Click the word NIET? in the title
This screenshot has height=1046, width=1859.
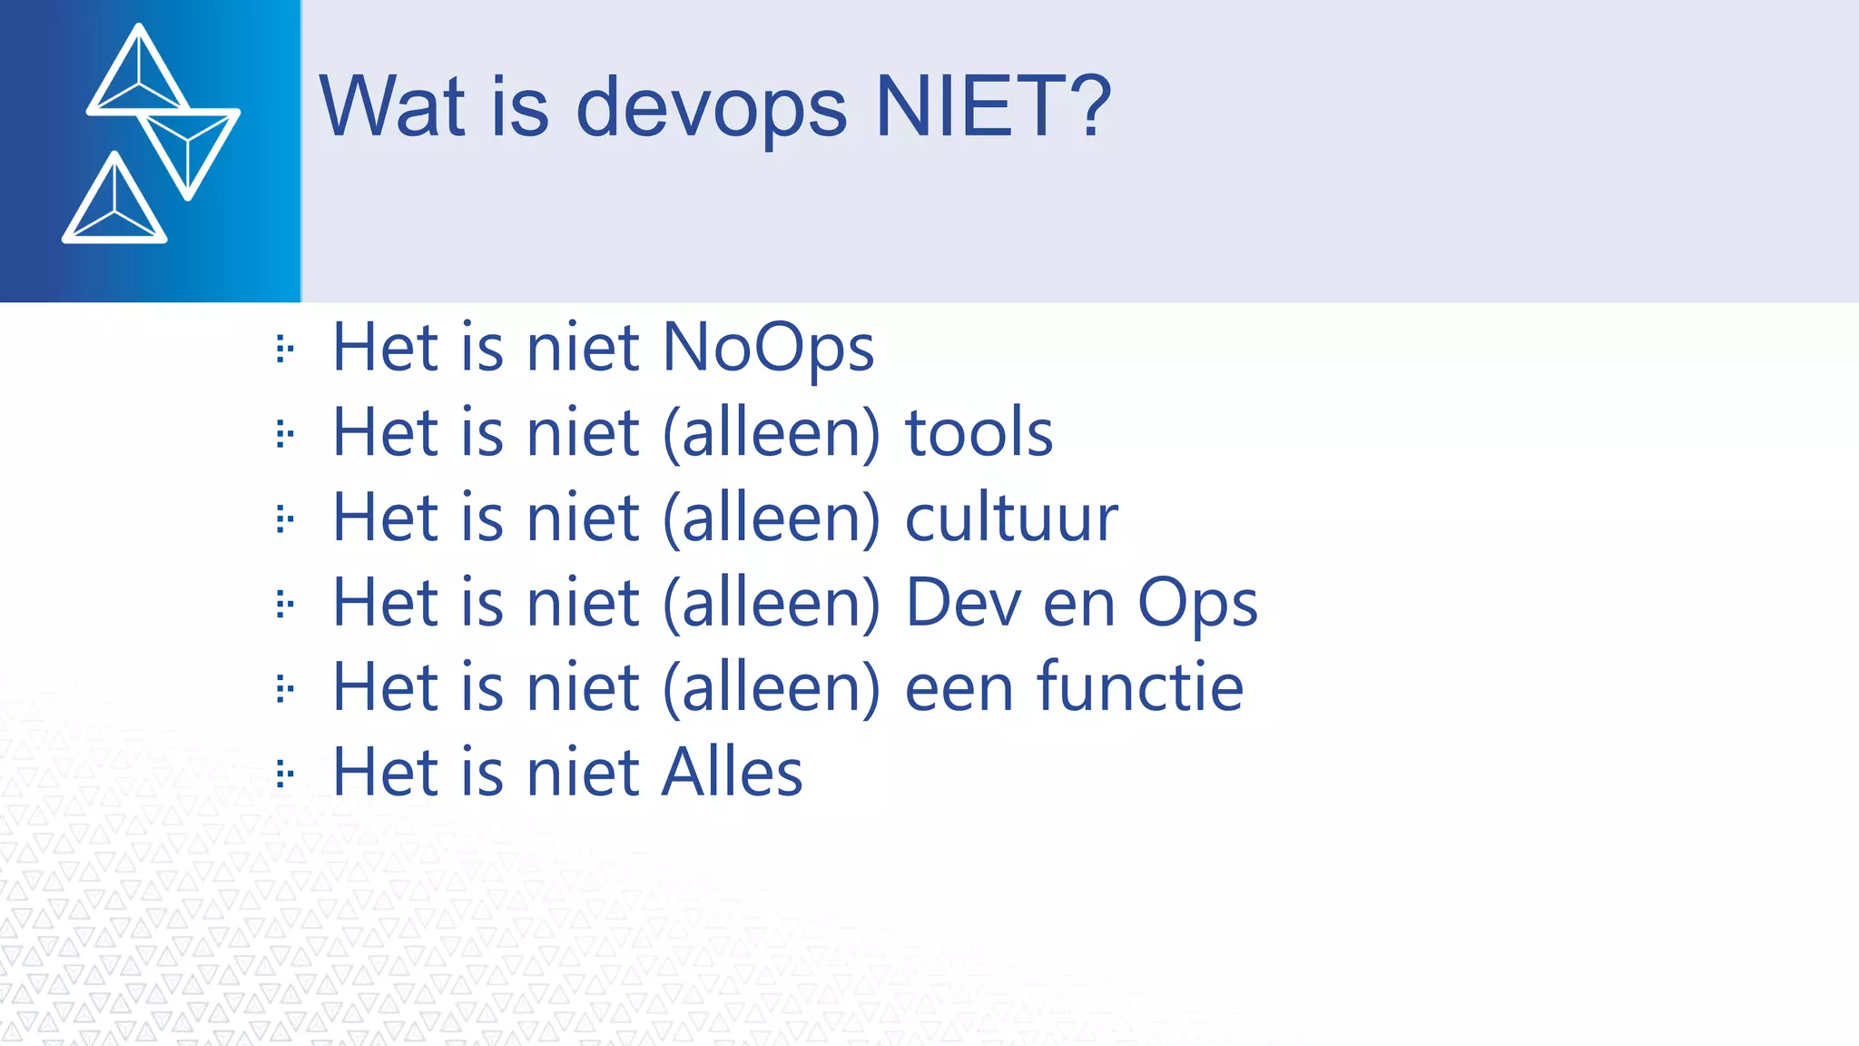point(992,106)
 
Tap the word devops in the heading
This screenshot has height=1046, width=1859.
point(711,109)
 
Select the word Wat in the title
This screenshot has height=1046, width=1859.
point(392,106)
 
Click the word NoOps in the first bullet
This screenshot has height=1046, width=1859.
point(768,348)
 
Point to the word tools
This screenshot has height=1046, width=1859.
point(979,432)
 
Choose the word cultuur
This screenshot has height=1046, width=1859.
point(1011,518)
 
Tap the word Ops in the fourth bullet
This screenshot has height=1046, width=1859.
point(1197,604)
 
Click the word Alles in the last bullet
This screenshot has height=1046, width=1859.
point(732,772)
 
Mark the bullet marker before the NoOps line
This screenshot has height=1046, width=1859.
point(284,349)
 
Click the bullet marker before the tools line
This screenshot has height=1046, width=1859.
point(284,434)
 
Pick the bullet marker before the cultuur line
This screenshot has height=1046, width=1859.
point(284,519)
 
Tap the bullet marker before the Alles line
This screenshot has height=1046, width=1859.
point(284,775)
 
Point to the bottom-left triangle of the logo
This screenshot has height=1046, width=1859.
point(114,205)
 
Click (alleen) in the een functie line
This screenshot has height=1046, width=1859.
point(772,688)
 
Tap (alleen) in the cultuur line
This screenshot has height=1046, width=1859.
point(772,518)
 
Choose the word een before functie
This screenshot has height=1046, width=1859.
point(959,688)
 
